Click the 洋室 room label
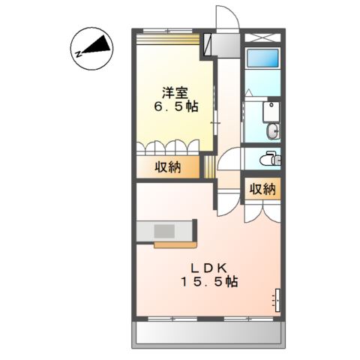[175, 93]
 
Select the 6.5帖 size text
[176, 107]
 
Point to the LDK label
[208, 268]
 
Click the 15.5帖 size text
[208, 282]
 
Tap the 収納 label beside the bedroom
[167, 167]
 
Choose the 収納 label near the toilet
[262, 189]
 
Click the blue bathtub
[262, 58]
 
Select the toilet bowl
[268, 158]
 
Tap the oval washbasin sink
[273, 130]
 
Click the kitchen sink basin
[164, 231]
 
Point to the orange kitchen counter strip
[175, 244]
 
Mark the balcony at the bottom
[208, 334]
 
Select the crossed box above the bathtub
[262, 37]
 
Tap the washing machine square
[271, 112]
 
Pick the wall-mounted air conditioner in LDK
[277, 300]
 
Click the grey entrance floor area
[226, 45]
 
